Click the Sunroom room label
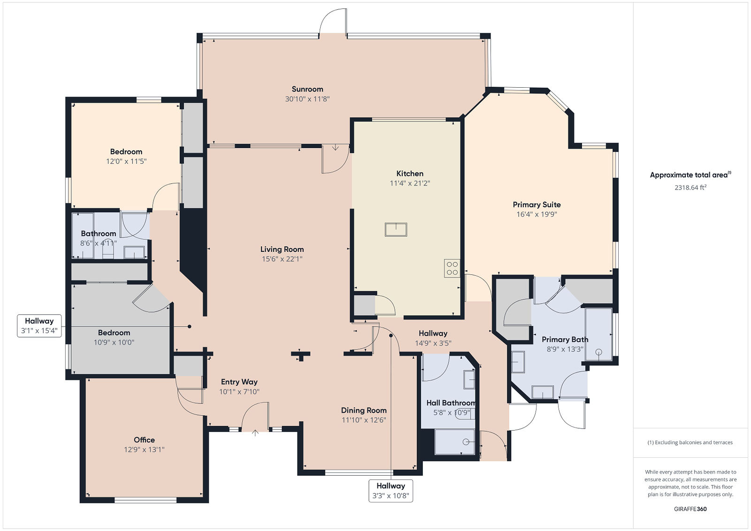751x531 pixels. click(x=307, y=89)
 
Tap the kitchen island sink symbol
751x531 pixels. click(x=396, y=230)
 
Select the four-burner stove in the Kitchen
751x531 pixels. click(x=452, y=268)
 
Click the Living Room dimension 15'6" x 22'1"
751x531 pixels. click(x=282, y=259)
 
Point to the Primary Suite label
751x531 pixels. click(x=536, y=205)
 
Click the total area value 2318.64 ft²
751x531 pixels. click(x=690, y=187)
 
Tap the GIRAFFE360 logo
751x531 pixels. click(x=690, y=509)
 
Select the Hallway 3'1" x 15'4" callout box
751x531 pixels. click(x=39, y=326)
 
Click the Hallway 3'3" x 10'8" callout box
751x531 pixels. click(x=391, y=491)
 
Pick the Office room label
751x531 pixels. click(x=144, y=440)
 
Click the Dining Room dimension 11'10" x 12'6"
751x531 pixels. click(x=364, y=420)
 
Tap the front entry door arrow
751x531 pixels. click(x=255, y=433)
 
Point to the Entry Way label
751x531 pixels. click(x=239, y=382)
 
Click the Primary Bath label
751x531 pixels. click(x=565, y=340)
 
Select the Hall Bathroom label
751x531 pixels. click(x=451, y=403)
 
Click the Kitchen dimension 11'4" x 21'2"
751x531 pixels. click(x=410, y=183)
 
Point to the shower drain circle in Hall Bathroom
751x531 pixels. click(x=466, y=442)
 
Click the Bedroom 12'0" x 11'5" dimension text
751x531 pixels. click(x=126, y=161)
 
